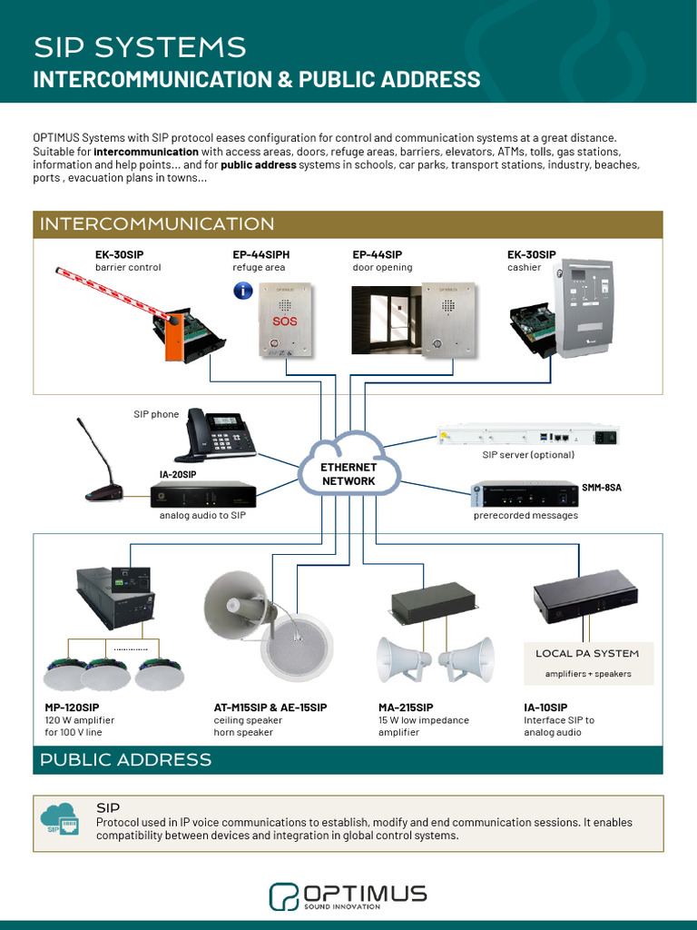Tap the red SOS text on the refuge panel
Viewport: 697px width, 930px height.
pos(284,321)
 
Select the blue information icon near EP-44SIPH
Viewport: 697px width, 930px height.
pos(242,291)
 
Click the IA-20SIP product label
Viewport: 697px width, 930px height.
pos(178,474)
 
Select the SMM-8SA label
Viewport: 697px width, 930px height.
pos(602,488)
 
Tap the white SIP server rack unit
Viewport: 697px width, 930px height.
pos(526,436)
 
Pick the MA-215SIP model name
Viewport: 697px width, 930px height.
pos(406,707)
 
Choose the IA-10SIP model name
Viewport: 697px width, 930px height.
pos(545,707)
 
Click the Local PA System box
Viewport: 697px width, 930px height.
pos(587,662)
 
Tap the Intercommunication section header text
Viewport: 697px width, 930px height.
pos(157,224)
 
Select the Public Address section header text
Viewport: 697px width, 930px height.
pos(126,759)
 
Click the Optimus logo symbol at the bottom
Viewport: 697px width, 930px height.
pos(283,895)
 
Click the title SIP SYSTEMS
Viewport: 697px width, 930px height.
pos(140,47)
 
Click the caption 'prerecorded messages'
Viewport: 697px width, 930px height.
pos(525,515)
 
